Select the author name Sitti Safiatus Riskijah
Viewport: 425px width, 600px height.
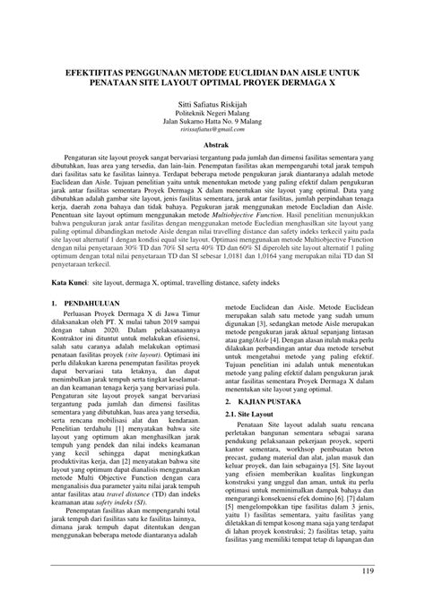click(212, 104)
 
